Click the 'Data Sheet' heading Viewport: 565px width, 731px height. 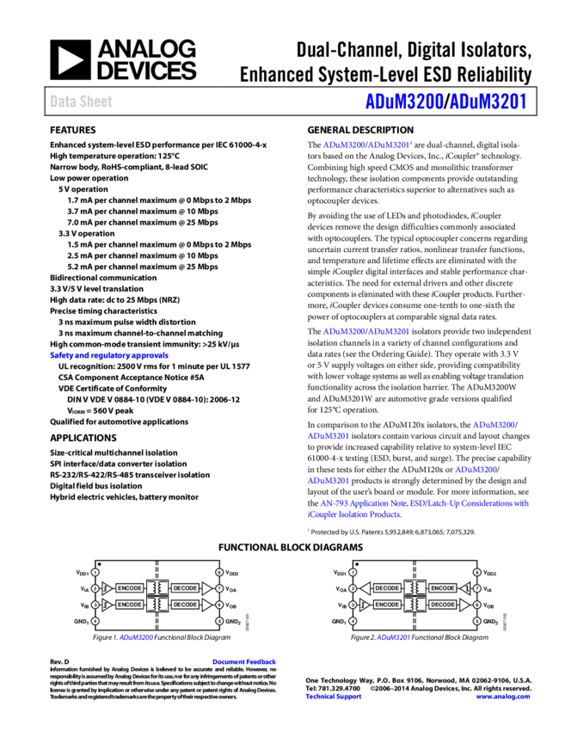point(81,101)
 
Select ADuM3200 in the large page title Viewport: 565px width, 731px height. point(404,101)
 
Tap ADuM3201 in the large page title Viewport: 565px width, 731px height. point(488,101)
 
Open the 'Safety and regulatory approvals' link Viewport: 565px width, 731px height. point(109,355)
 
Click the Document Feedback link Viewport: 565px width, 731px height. point(244,662)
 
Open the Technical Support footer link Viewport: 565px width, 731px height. point(334,697)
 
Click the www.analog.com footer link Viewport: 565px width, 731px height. point(503,697)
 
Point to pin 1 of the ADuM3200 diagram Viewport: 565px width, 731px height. point(95,572)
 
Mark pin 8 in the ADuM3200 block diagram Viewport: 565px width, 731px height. point(219,572)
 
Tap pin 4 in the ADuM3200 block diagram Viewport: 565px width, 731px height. point(95,620)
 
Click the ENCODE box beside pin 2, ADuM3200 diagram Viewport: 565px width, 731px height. point(129,588)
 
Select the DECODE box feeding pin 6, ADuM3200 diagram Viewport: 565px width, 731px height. point(185,605)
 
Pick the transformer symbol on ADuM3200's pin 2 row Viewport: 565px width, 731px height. point(157,588)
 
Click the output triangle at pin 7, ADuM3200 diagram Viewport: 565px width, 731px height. point(206,588)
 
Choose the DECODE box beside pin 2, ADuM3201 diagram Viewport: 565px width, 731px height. point(387,588)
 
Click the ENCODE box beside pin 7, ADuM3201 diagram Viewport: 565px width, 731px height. point(443,588)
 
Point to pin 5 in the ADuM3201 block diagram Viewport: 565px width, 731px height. point(477,620)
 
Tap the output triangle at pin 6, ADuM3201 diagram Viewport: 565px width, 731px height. point(464,605)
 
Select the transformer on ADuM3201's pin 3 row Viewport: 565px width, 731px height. point(415,605)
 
